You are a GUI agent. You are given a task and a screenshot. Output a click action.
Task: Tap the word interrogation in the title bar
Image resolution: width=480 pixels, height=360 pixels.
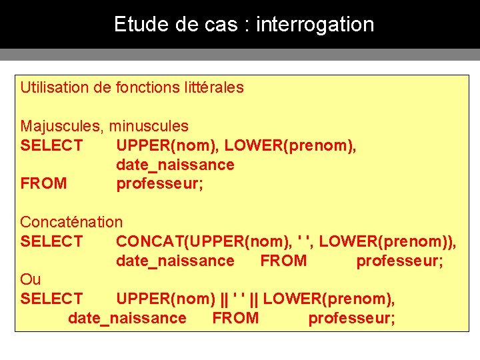(315, 25)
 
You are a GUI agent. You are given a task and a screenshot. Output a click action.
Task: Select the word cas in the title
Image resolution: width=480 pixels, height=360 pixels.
(223, 25)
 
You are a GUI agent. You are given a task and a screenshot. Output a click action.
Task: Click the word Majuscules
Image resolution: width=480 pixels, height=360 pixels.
(59, 126)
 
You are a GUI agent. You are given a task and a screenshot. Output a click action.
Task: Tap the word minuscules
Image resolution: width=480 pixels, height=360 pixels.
(149, 126)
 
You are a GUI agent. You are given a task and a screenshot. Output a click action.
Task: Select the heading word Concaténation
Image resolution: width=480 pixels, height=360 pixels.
(71, 222)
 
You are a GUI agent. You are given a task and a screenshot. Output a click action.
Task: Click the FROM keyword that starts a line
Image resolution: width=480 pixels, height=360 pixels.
(43, 183)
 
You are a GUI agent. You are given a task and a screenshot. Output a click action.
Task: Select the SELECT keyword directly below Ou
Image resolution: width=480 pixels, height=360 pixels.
(51, 299)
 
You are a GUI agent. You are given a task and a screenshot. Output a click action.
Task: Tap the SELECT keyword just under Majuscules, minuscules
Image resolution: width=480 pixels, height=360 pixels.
(51, 145)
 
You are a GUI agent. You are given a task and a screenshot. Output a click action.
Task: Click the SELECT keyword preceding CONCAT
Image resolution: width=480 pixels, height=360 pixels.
(51, 241)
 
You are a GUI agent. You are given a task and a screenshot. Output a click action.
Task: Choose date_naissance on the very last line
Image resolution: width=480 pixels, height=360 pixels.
(127, 318)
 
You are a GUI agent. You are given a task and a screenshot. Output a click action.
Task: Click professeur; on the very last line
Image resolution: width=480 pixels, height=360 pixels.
(351, 318)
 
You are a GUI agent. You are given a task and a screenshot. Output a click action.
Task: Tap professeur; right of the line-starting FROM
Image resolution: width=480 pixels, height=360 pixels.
(160, 183)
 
